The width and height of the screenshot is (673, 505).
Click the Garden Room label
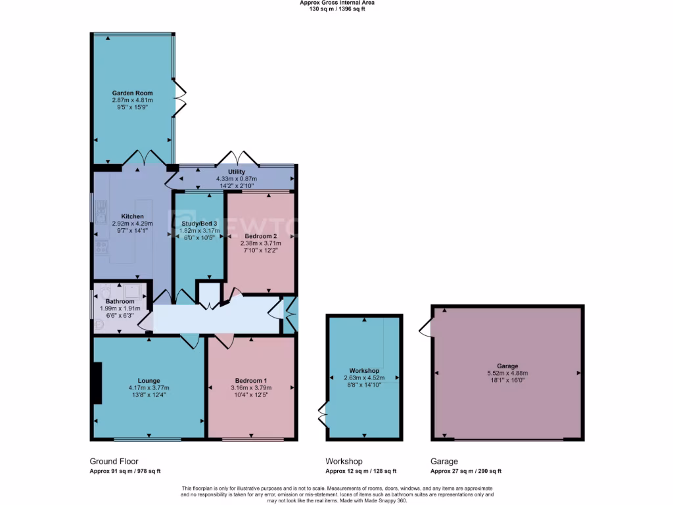point(132,93)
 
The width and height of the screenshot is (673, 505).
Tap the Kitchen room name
point(132,216)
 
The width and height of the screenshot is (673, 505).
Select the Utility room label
point(237,171)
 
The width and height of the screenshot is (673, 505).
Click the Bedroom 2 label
point(261,235)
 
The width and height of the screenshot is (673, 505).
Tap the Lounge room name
point(149,380)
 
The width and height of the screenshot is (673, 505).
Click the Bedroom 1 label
point(251,381)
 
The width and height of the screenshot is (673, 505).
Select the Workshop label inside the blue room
point(365,371)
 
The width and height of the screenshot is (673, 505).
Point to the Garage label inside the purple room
point(507,366)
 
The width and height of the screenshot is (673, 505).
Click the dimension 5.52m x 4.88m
point(507,373)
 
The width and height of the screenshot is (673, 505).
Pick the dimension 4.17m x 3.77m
point(149,388)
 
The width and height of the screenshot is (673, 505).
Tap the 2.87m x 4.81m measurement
point(132,101)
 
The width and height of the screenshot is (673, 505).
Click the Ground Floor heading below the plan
point(114,462)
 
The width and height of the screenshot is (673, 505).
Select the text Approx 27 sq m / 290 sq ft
point(466,471)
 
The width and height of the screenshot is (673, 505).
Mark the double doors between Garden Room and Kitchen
point(144,158)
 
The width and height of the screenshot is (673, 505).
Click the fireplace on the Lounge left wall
point(97,384)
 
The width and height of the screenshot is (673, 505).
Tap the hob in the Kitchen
point(102,247)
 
